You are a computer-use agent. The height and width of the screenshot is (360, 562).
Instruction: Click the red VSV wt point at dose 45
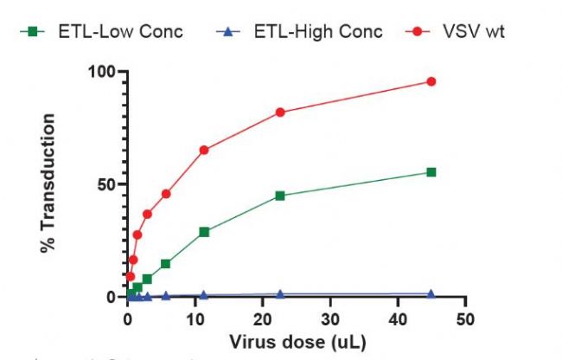(431, 81)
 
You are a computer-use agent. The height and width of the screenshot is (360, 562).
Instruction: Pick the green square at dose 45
(431, 172)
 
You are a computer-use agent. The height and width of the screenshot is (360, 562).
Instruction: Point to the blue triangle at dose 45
(431, 293)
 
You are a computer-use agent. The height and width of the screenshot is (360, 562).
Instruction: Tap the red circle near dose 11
(204, 150)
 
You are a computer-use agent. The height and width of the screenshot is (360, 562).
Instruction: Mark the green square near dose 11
(204, 232)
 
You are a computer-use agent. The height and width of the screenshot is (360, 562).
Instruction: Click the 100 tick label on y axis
(102, 71)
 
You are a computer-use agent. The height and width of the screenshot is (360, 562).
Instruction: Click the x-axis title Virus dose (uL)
(296, 342)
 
